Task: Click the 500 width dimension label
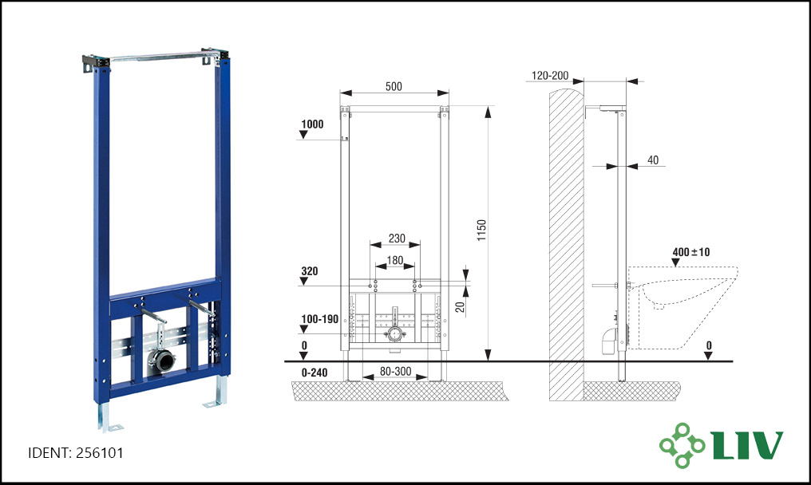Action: point(394,86)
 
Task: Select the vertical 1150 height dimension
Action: point(481,230)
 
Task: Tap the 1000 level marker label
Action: point(312,124)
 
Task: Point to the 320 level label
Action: point(309,271)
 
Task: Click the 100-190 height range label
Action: point(319,319)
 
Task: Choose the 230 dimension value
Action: point(397,239)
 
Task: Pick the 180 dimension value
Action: point(394,260)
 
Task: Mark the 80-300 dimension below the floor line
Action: point(396,371)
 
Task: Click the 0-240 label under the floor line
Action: point(314,373)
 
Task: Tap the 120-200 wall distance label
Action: point(550,76)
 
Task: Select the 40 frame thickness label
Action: point(653,160)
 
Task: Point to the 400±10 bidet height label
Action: point(691,252)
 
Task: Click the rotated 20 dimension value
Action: point(461,307)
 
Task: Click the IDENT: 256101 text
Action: point(76,453)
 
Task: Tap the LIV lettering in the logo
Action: point(747,444)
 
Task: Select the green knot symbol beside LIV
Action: point(682,445)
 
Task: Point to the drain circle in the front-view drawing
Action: point(394,333)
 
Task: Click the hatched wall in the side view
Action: point(567,244)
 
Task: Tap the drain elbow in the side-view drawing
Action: point(610,341)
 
